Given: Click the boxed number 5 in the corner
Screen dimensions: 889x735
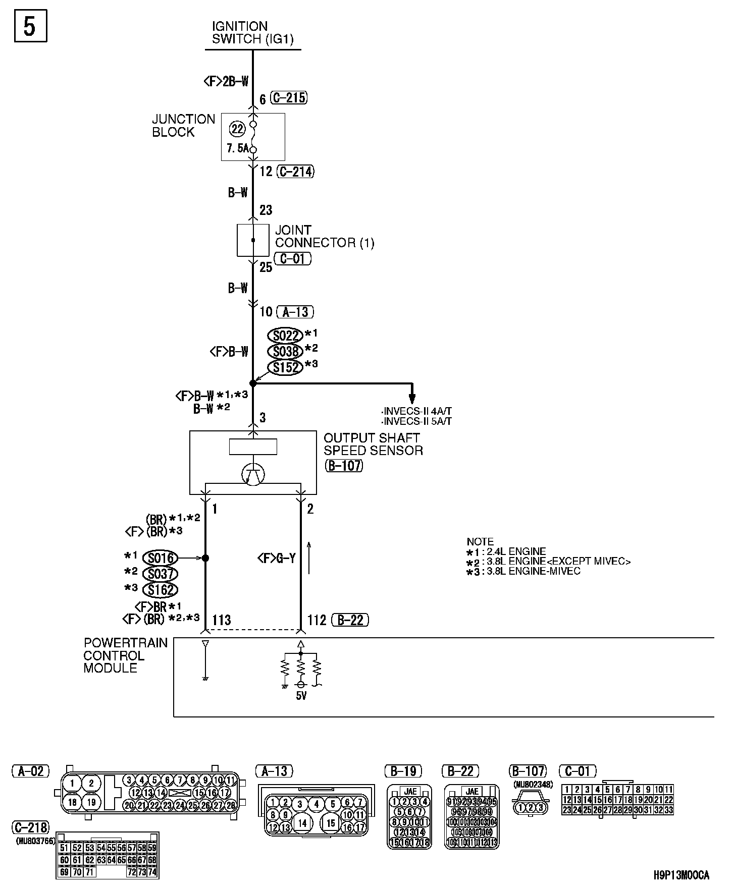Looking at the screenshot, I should click(x=29, y=26).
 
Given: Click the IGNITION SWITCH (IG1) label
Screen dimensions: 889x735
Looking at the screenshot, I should click(x=253, y=33).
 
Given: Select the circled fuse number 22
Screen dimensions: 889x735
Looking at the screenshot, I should click(x=237, y=129).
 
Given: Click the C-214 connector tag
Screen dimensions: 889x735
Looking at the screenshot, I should click(x=296, y=172).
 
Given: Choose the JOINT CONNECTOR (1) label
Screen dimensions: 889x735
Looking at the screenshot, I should click(x=324, y=237).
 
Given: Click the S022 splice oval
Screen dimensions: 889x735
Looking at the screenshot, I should click(x=286, y=336).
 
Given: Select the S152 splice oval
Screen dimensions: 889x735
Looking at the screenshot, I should click(x=286, y=367).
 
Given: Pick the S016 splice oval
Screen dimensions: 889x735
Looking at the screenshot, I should click(x=161, y=558).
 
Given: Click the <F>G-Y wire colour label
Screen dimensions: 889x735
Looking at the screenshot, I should click(x=276, y=558).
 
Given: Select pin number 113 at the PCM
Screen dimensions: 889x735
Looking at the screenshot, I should click(x=222, y=620).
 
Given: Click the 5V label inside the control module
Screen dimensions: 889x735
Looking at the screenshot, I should click(x=301, y=696).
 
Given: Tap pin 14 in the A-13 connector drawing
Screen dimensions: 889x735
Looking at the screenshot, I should click(x=302, y=823).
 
